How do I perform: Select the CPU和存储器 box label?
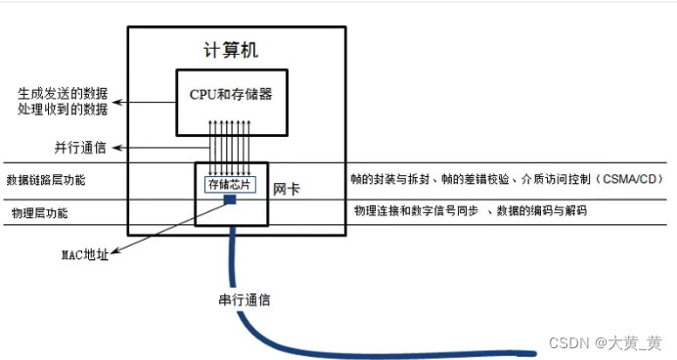230,95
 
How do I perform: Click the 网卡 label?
285,187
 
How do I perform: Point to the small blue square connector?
231,200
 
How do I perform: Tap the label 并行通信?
80,148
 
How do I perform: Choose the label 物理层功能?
40,211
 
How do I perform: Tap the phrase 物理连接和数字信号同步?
418,210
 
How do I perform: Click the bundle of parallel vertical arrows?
231,142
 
